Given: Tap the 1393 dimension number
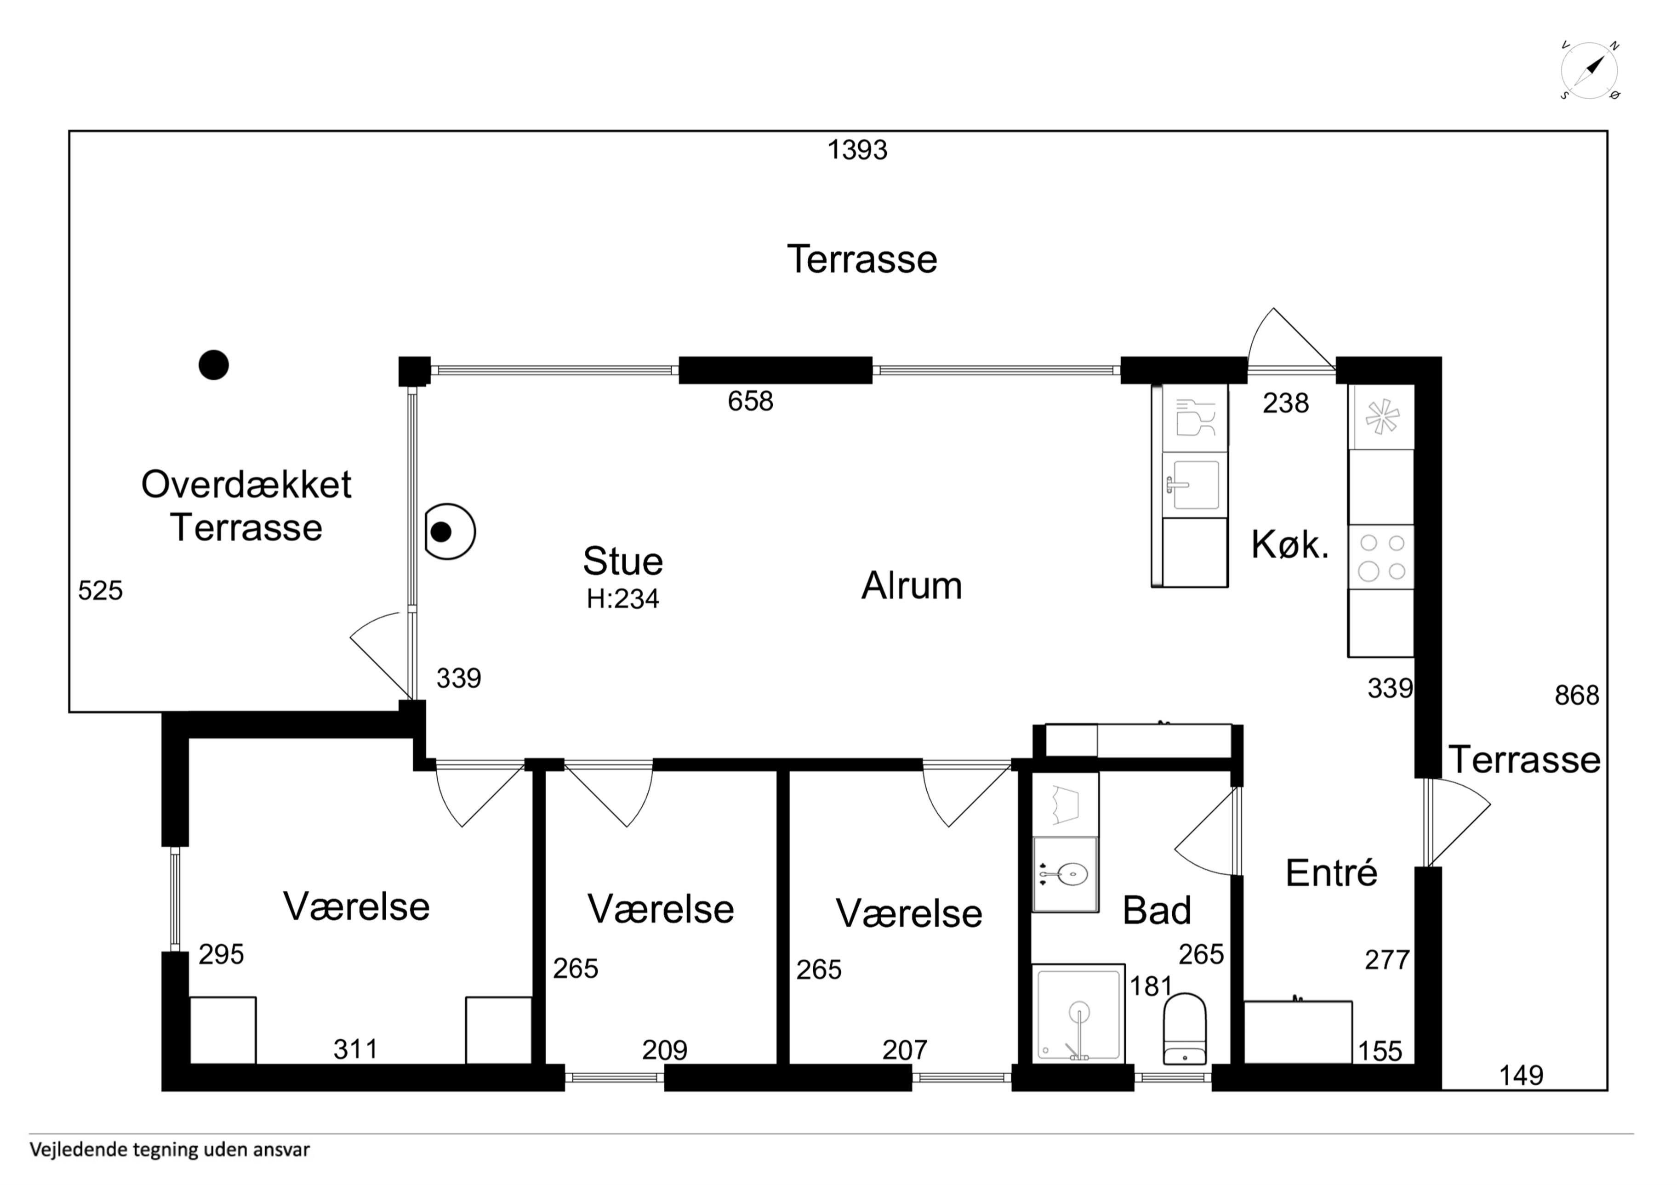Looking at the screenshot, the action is point(857,150).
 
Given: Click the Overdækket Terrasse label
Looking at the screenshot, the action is point(246,505).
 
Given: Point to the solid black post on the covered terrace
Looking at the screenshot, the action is point(213,364).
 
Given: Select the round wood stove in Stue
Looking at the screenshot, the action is point(449,532).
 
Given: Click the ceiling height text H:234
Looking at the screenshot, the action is point(622,599).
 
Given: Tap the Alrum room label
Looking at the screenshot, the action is point(912,585).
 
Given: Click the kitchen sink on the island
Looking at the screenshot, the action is point(1193,485).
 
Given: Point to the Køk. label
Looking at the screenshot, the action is point(1290,544).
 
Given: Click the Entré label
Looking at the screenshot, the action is point(1331,873).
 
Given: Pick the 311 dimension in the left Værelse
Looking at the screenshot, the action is point(356,1049).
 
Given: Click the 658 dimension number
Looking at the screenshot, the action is point(750,401).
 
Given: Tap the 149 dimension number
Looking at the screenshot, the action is point(1522,1075).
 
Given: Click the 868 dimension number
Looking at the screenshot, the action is point(1577,695).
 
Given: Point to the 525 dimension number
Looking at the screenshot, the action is point(100,590).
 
